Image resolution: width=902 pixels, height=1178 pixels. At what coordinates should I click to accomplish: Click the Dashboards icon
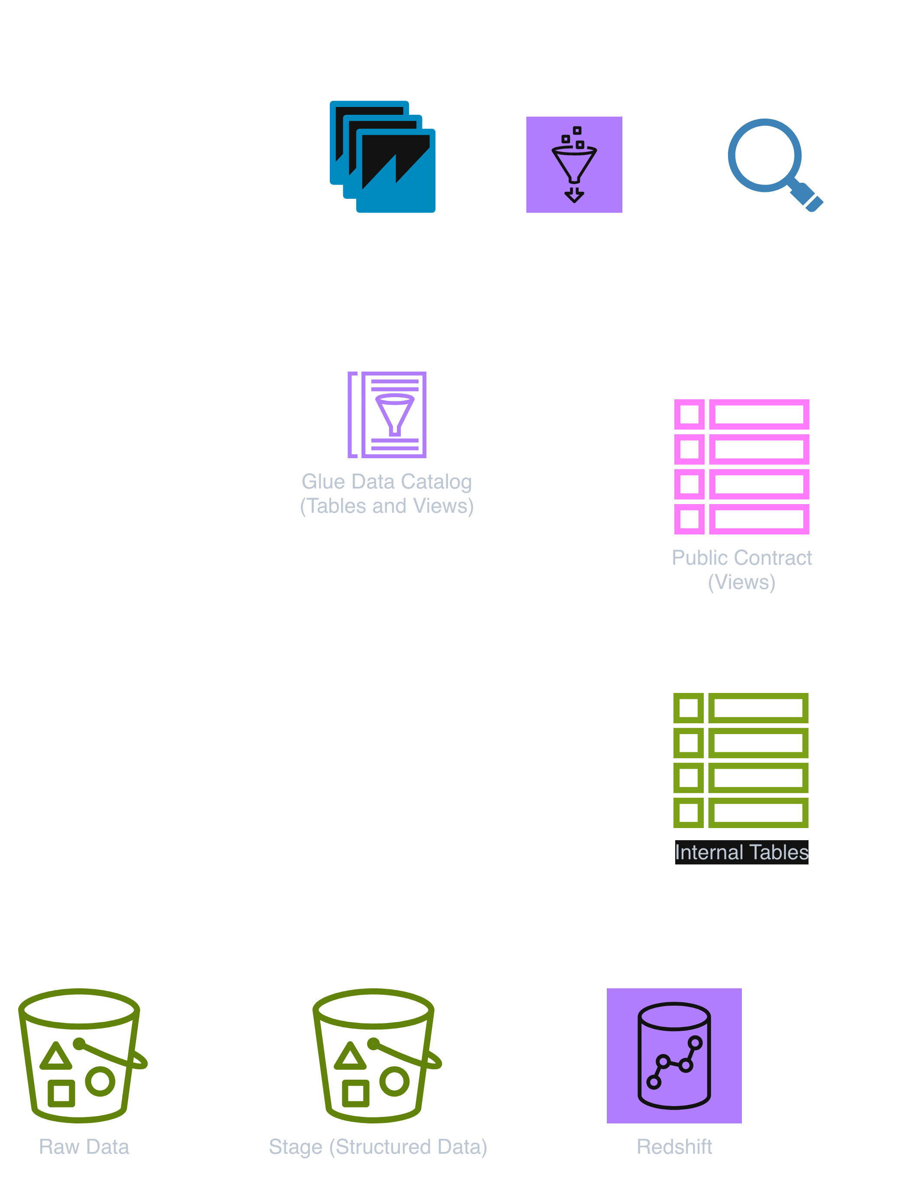click(x=382, y=157)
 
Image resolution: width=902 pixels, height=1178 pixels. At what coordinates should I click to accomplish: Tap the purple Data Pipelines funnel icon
click(x=574, y=165)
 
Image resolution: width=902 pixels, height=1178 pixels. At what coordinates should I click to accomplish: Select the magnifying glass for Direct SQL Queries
click(x=773, y=163)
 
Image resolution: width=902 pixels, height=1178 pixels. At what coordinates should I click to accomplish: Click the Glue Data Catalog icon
click(x=387, y=415)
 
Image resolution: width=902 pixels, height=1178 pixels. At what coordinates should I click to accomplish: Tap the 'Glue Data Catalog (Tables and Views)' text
click(x=387, y=494)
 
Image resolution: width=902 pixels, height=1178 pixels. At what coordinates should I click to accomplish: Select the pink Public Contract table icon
click(x=741, y=466)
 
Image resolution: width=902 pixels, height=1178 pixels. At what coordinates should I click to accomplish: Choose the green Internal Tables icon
click(x=741, y=760)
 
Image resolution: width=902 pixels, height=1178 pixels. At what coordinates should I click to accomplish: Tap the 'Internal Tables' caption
click(x=741, y=852)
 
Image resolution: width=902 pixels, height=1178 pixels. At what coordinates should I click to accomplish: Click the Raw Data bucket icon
click(x=81, y=1055)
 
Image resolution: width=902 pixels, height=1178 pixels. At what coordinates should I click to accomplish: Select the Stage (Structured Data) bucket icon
click(x=375, y=1055)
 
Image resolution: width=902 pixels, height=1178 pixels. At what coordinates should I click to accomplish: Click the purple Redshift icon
click(x=674, y=1055)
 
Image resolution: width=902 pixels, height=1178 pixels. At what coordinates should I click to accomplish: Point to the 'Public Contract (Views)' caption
click(x=741, y=570)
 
